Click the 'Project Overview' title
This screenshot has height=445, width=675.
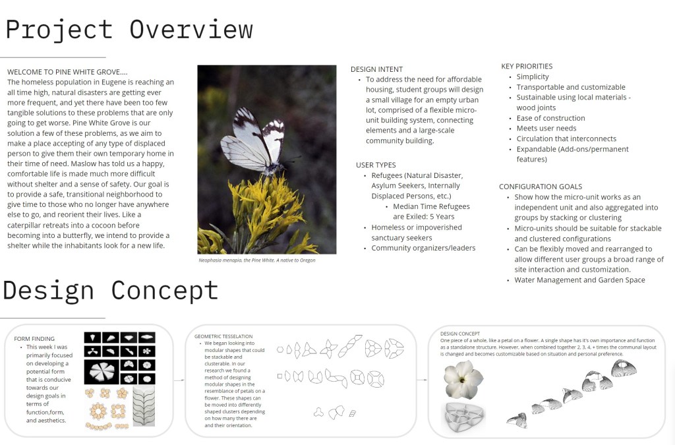[x=129, y=30]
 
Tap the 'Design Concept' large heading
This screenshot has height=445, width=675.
[x=111, y=290]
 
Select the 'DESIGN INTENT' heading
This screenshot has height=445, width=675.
[x=376, y=69]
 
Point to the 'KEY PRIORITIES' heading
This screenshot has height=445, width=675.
[x=527, y=66]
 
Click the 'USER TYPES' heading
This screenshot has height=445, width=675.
[x=375, y=165]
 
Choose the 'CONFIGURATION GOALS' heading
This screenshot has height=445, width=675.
[x=541, y=187]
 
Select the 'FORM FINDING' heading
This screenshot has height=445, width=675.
[x=34, y=339]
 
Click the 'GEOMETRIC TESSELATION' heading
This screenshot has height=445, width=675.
[x=224, y=336]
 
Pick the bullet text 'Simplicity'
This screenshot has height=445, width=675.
[x=533, y=77]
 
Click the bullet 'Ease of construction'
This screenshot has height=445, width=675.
[x=550, y=118]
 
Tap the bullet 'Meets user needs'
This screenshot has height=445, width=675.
[x=546, y=129]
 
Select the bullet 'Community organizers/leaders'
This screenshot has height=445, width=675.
[x=423, y=248]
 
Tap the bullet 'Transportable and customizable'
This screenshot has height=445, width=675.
[x=571, y=87]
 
